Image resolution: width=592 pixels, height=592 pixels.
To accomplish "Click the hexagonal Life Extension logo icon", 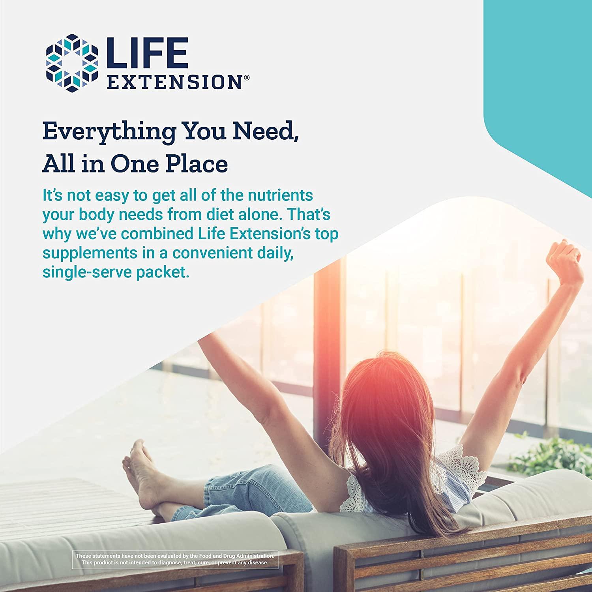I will click(71, 63).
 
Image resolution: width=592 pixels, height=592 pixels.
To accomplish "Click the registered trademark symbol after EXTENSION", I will click(247, 78).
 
